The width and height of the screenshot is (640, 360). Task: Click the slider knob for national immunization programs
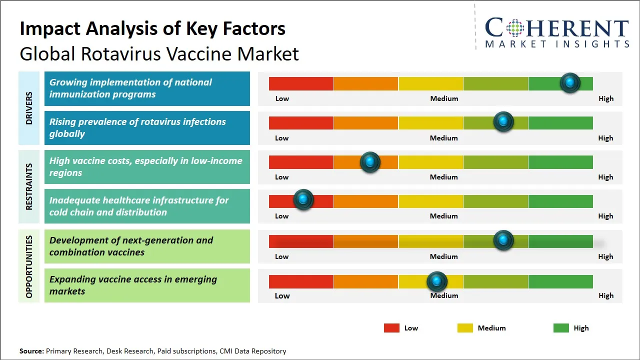[x=570, y=83]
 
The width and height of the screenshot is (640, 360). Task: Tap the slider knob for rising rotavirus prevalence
[x=503, y=122]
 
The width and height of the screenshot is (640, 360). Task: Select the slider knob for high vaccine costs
[x=370, y=162]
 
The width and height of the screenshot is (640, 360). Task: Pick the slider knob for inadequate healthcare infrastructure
[x=303, y=200]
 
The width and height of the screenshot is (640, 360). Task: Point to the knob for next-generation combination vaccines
[x=503, y=240]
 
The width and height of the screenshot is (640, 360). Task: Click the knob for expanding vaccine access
[x=437, y=282]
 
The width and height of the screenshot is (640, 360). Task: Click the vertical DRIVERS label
[x=29, y=108]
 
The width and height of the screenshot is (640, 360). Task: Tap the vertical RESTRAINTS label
[x=29, y=186]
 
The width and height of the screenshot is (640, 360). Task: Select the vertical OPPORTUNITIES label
[x=29, y=266]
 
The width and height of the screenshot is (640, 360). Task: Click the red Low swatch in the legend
[x=391, y=328]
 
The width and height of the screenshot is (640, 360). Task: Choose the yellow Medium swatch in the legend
[x=465, y=328]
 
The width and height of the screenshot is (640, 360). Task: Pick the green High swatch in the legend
[x=561, y=328]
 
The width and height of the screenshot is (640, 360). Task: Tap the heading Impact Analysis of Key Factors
[x=152, y=28]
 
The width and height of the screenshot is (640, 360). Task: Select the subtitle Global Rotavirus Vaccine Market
[x=159, y=53]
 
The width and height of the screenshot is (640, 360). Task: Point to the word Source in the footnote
[x=31, y=351]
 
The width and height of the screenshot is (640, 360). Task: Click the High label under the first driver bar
[x=606, y=98]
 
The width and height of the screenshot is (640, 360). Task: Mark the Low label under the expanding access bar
[x=282, y=295]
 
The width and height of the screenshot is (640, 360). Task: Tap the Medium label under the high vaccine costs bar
[x=444, y=177]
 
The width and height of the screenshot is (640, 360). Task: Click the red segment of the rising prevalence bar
[x=301, y=122]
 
